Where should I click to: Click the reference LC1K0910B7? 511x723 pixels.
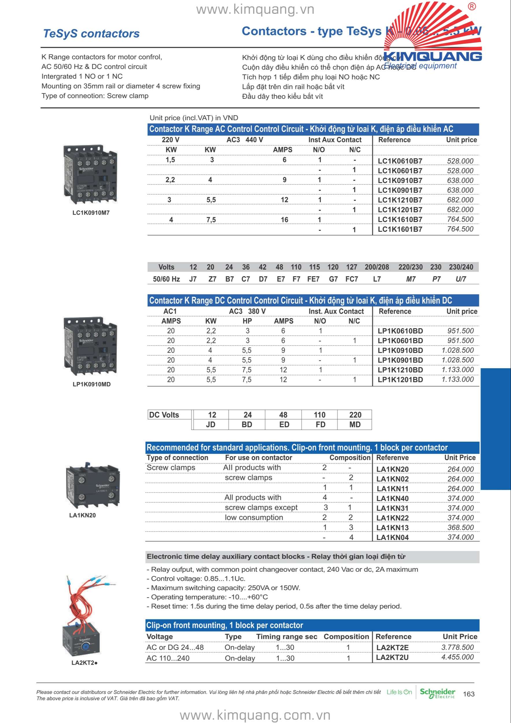pos(400,180)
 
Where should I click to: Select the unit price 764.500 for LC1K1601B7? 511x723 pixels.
pos(460,229)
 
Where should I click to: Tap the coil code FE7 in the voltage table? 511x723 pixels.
pos(313,279)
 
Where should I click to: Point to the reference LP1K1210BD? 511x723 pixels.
pos(400,370)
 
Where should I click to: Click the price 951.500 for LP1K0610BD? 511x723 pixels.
pos(461,331)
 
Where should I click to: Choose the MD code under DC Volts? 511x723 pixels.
pos(355,425)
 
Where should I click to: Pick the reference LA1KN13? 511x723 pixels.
pos(392,528)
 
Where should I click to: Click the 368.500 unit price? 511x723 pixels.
pos(461,528)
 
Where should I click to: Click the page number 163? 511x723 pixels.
pos(469,694)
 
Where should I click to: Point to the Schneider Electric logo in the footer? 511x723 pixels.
pos(437,693)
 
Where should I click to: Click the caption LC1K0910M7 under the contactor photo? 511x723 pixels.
pos(91,213)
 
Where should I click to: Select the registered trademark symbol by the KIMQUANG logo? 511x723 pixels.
pos(472,7)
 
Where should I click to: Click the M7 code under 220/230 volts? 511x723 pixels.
pos(411,279)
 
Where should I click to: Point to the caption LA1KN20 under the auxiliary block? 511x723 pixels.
pos(82,515)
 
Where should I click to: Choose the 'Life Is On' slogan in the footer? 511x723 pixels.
pos(399,692)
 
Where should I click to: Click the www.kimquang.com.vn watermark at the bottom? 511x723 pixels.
pos(255,715)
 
